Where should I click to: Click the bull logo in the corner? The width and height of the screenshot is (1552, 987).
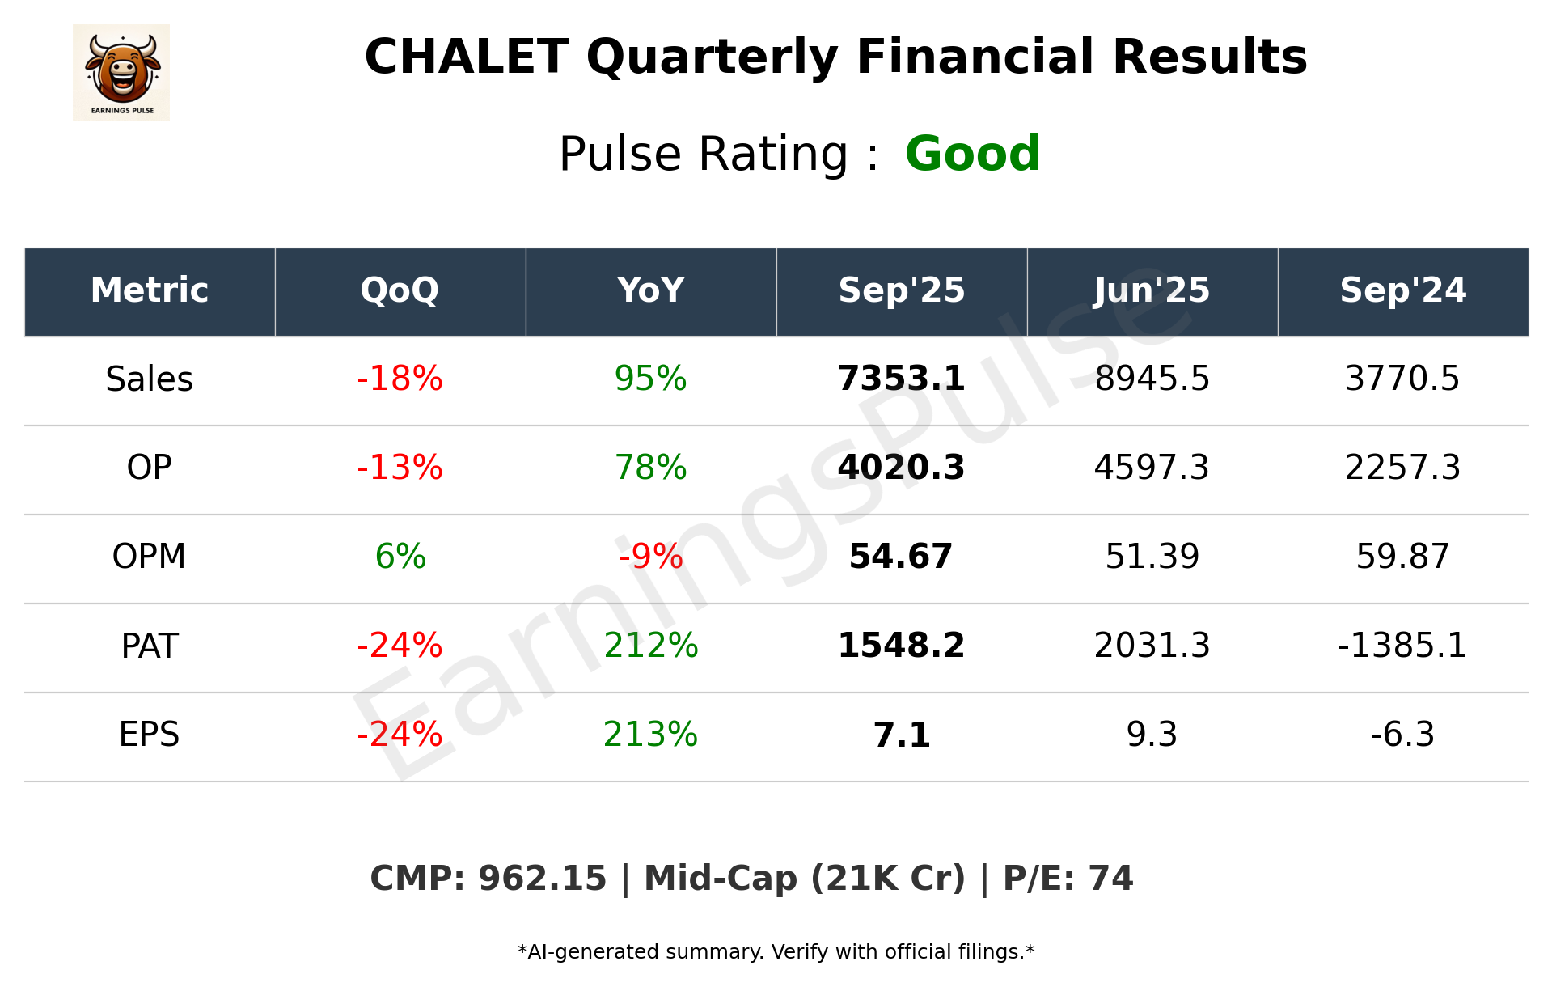click(121, 73)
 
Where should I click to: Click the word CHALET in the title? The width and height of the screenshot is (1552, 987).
click(466, 57)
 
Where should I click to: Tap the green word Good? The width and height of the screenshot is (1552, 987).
click(972, 154)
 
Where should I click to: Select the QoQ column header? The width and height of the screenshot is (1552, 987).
click(400, 290)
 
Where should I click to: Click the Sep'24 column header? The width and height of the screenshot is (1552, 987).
click(1402, 290)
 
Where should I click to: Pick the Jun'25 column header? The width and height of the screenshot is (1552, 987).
click(1152, 290)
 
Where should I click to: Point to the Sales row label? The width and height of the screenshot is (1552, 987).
click(150, 379)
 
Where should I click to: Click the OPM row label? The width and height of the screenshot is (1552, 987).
click(150, 557)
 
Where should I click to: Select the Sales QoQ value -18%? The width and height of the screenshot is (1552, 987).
click(400, 379)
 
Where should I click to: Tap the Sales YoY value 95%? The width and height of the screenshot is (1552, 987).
click(650, 379)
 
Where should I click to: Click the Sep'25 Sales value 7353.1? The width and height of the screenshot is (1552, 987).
click(901, 379)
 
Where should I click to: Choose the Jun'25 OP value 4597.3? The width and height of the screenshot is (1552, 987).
click(1152, 468)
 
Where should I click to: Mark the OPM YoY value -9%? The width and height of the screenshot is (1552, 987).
click(650, 557)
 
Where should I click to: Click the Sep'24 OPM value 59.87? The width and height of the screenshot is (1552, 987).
click(1402, 557)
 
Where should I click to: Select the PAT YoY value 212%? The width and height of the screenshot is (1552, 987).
click(650, 646)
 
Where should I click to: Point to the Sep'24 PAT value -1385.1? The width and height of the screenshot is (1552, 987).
click(1402, 646)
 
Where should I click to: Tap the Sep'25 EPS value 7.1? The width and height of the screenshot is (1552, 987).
click(901, 735)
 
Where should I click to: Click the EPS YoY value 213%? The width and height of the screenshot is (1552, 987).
click(650, 735)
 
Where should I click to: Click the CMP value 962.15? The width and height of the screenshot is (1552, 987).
click(542, 879)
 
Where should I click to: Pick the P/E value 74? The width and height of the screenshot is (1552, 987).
click(1110, 879)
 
